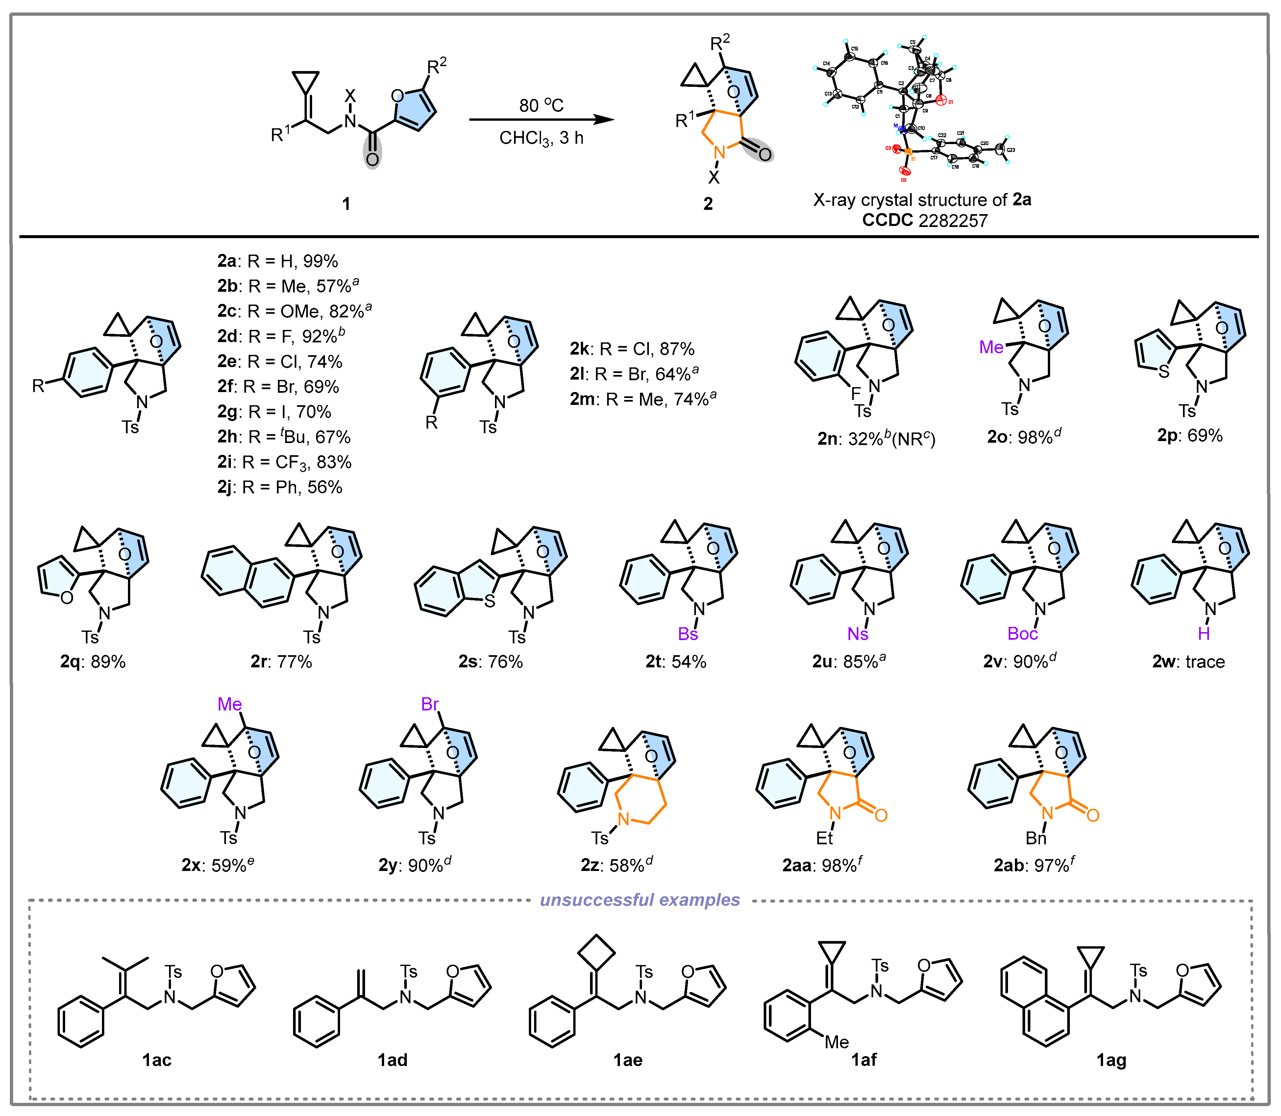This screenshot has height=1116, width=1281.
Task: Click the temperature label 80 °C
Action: pos(541,105)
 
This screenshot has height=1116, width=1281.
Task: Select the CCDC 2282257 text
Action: pos(925,220)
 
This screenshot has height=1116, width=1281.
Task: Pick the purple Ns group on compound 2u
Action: pos(857,634)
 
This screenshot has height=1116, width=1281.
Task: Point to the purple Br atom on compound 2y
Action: pos(430,704)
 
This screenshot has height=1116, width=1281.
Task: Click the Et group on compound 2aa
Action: pos(825,838)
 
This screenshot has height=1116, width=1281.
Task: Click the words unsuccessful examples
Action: pos(640,900)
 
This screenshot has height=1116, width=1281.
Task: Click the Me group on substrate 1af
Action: pos(836,1042)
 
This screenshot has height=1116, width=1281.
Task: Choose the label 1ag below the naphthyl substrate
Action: pos(1111,1060)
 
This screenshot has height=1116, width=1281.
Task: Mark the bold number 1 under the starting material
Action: pos(346,204)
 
